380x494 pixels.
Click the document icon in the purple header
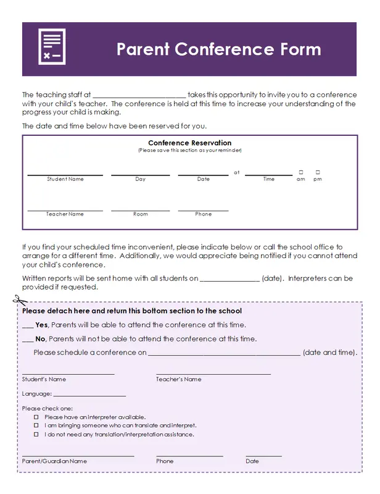(x=52, y=47)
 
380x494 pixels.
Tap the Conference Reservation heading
(x=190, y=143)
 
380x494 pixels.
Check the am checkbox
(x=301, y=172)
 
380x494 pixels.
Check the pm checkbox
(x=318, y=172)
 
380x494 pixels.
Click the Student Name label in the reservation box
(x=65, y=179)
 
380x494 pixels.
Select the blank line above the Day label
(x=140, y=175)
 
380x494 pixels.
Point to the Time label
(x=269, y=179)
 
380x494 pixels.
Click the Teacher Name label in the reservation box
(x=65, y=214)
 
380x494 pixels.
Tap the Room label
(x=141, y=214)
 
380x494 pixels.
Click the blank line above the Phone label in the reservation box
(x=203, y=211)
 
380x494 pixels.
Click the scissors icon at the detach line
(x=20, y=301)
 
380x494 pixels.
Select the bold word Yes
(x=42, y=325)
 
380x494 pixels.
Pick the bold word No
(x=41, y=339)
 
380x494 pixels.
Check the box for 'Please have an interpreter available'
(x=36, y=417)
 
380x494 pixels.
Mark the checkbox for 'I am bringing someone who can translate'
(x=36, y=425)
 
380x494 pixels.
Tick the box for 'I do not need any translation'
(x=36, y=434)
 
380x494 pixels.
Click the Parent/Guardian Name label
(x=54, y=461)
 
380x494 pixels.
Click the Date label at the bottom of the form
(x=252, y=461)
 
